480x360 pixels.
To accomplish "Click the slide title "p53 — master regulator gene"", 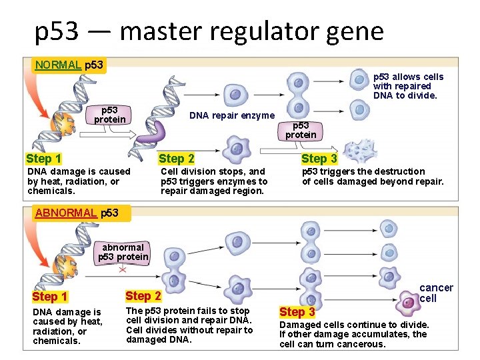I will click(x=209, y=31).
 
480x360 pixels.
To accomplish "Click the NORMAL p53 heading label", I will click(x=69, y=65).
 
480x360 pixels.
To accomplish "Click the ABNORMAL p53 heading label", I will click(x=77, y=213).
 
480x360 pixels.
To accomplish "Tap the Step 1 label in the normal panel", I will click(x=44, y=159).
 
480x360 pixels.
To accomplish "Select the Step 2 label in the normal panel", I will click(x=177, y=159).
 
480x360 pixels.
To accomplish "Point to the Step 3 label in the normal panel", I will click(x=319, y=159).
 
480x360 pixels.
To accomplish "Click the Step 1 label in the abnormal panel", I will click(x=50, y=297).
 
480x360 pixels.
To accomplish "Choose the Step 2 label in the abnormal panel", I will click(x=143, y=295).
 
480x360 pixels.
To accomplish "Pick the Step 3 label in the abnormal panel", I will click(x=297, y=312).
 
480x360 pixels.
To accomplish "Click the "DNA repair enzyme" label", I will click(x=232, y=115).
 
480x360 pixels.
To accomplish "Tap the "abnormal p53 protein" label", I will click(x=123, y=252).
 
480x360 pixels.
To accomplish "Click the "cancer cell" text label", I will click(x=436, y=293).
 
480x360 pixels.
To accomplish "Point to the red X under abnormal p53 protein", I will click(x=123, y=270).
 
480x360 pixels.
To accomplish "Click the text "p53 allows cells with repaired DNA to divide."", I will click(x=408, y=86).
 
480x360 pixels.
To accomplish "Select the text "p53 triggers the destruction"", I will click(x=363, y=171).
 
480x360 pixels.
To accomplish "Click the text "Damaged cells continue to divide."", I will click(x=354, y=325).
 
